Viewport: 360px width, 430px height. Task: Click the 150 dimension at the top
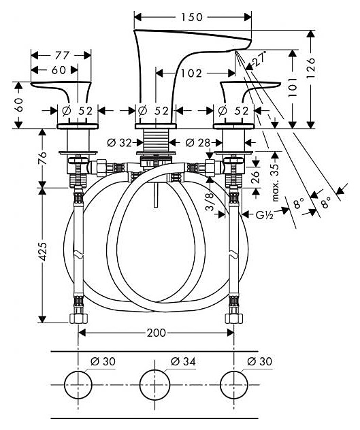click(191, 17)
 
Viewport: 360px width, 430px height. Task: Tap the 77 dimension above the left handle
click(62, 55)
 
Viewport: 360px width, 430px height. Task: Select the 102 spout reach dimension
click(191, 73)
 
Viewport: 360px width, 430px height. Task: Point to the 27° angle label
click(260, 58)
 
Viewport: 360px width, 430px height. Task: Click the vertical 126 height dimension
click(311, 68)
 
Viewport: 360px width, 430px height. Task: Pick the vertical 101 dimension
click(293, 87)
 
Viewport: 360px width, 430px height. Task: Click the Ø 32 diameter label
click(119, 143)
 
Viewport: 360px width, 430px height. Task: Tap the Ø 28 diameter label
click(197, 143)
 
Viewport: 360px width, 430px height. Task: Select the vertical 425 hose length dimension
click(42, 252)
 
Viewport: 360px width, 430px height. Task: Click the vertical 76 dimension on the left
click(42, 158)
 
